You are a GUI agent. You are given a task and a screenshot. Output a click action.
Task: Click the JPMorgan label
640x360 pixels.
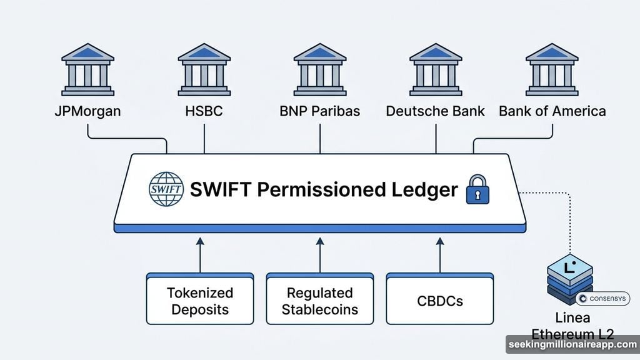(x=87, y=112)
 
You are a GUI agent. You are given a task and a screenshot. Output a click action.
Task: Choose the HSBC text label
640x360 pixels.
(x=204, y=112)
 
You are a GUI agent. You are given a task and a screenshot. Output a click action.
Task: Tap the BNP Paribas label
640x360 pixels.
(x=320, y=112)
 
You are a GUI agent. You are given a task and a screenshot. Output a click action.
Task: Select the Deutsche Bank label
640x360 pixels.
(x=436, y=112)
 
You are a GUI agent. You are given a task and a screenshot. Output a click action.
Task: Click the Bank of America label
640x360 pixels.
(x=552, y=112)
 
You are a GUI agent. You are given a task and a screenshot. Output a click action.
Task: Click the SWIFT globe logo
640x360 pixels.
(x=166, y=189)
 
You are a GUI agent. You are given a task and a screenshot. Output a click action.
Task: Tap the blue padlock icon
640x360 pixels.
(x=478, y=191)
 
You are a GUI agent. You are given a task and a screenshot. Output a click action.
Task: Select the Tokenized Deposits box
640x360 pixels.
(x=200, y=300)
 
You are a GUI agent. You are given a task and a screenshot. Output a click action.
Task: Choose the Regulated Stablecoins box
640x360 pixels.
(x=320, y=300)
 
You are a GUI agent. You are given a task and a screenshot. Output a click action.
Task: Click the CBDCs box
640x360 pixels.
(x=440, y=300)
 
